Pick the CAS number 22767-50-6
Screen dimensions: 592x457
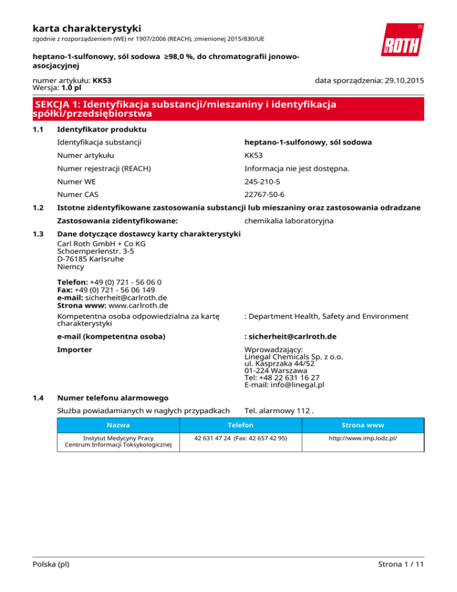click(265, 194)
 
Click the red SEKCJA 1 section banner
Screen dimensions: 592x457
click(228, 108)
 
